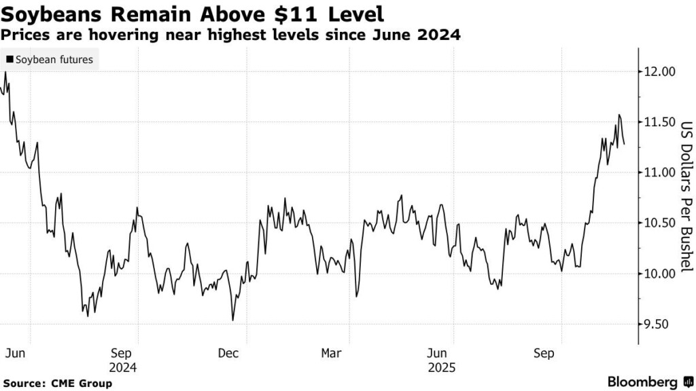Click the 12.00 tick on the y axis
click(659, 71)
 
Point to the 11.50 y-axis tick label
click(659, 122)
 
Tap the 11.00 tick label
click(659, 172)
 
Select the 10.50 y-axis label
click(659, 223)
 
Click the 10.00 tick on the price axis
click(659, 274)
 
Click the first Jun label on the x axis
click(14, 354)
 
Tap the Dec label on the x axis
click(228, 354)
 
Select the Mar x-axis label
click(331, 354)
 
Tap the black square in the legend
click(10, 60)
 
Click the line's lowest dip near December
click(233, 320)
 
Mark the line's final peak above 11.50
click(619, 115)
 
